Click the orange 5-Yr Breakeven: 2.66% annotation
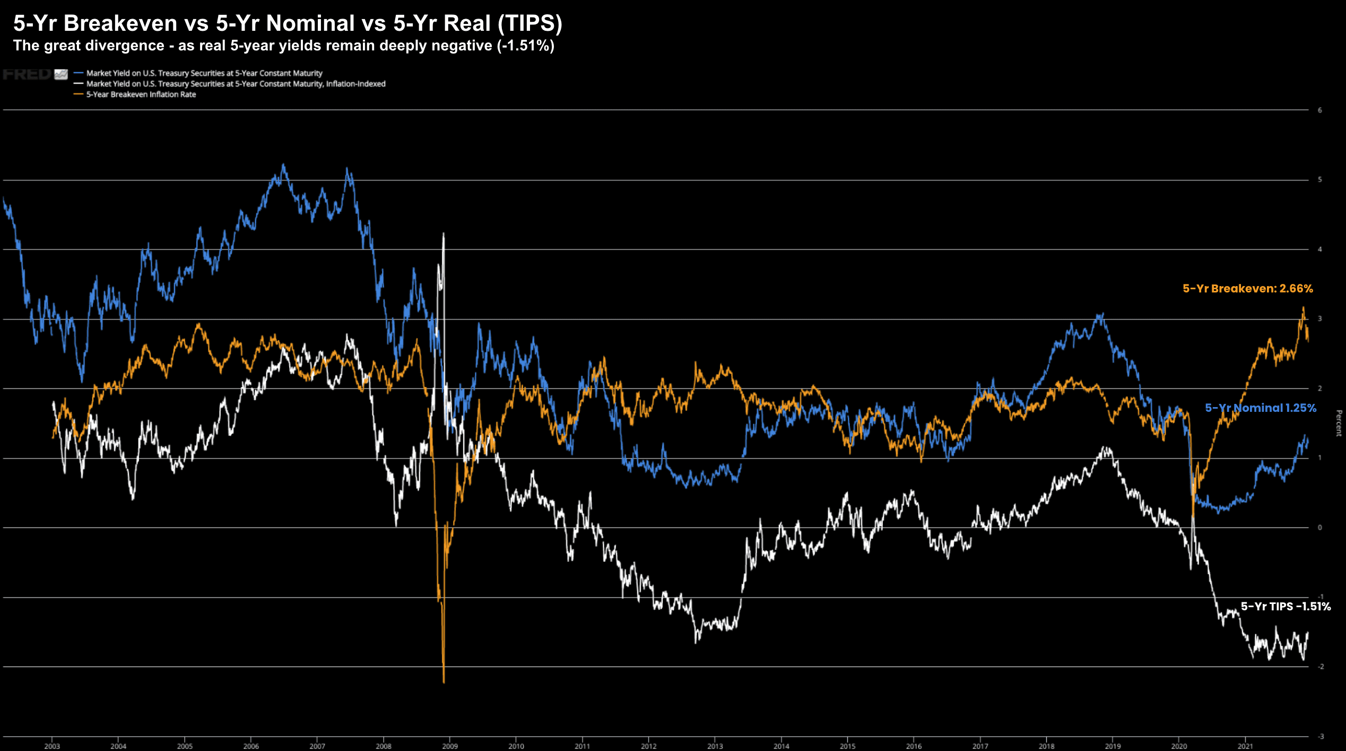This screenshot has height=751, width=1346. click(1247, 289)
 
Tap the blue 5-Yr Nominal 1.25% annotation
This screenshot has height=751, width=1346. click(1260, 408)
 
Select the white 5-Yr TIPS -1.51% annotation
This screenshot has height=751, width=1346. click(1285, 607)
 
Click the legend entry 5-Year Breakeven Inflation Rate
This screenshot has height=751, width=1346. click(141, 94)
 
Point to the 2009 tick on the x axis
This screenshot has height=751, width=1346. click(450, 746)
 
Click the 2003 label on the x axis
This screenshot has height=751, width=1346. click(52, 746)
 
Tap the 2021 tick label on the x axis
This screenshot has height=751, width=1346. click(1245, 746)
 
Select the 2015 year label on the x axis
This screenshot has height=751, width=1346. click(847, 746)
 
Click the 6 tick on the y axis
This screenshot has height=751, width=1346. click(1320, 110)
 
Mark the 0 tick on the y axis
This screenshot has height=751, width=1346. click(1320, 528)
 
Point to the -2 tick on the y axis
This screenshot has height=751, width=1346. click(1320, 667)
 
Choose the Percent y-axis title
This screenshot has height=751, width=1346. click(1339, 423)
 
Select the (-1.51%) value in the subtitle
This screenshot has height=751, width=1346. click(525, 46)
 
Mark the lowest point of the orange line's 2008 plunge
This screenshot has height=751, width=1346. click(444, 683)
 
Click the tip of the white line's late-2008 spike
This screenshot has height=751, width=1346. click(444, 233)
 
